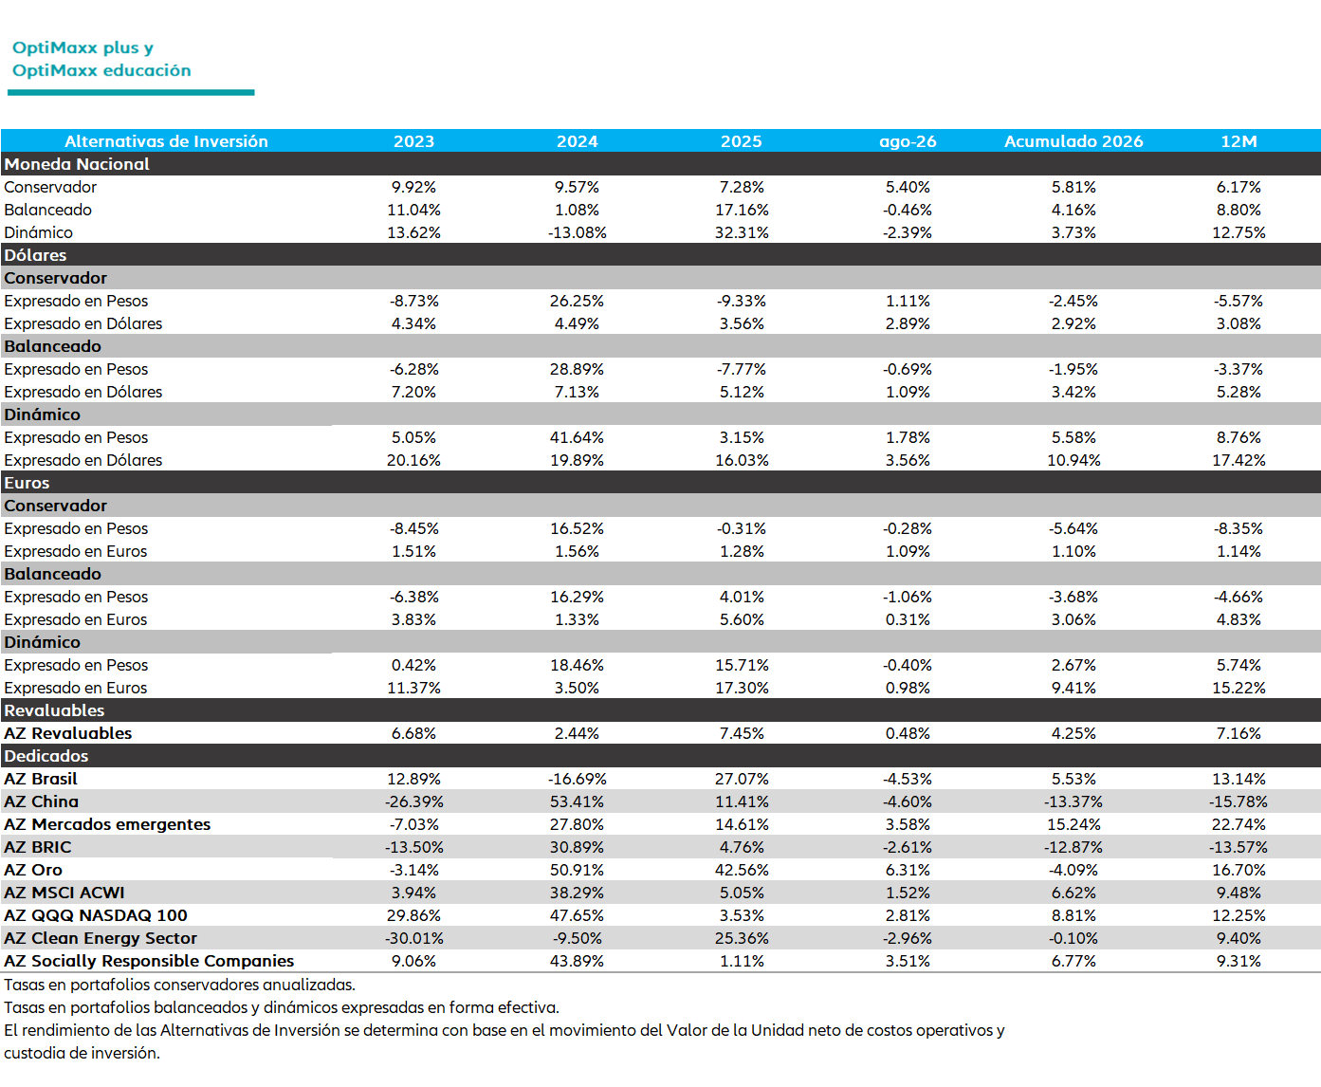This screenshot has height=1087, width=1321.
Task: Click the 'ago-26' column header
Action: pyautogui.click(x=907, y=141)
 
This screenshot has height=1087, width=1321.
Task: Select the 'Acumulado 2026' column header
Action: pyautogui.click(x=1073, y=141)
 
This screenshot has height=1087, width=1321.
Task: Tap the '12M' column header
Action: pyautogui.click(x=1238, y=141)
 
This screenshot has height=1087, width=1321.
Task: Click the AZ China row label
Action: pyautogui.click(x=42, y=801)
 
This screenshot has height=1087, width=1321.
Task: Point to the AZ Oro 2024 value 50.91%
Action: pyautogui.click(x=577, y=870)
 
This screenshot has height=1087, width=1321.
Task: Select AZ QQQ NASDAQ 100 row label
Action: pyautogui.click(x=96, y=915)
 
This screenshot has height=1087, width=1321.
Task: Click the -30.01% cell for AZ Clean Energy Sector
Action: pyautogui.click(x=413, y=938)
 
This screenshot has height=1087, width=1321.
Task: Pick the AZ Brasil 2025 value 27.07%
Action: pyautogui.click(x=741, y=779)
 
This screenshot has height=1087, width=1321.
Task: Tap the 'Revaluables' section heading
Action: pyautogui.click(x=54, y=710)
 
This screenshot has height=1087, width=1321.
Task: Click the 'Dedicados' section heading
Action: pyautogui.click(x=46, y=756)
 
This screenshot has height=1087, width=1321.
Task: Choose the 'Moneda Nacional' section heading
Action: pyautogui.click(x=77, y=164)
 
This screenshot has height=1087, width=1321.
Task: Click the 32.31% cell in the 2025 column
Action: pyautogui.click(x=741, y=232)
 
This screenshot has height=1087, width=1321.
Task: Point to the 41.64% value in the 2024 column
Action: pyautogui.click(x=577, y=437)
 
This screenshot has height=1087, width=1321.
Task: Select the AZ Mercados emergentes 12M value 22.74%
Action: pyautogui.click(x=1238, y=824)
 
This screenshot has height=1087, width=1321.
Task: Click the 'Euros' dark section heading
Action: pyautogui.click(x=27, y=483)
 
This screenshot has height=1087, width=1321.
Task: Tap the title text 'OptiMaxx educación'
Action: pyautogui.click(x=101, y=70)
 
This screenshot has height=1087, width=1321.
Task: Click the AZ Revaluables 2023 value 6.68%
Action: pyautogui.click(x=413, y=733)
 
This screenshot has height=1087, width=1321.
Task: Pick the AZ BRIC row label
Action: pyautogui.click(x=38, y=847)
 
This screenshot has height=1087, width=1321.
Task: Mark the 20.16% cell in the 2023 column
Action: pyautogui.click(x=413, y=460)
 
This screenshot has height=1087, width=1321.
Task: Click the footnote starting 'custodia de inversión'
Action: pyautogui.click(x=83, y=1053)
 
